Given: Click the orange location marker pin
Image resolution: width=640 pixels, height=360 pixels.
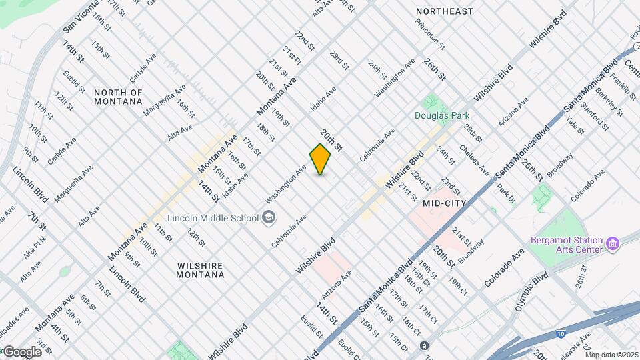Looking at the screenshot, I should click(320, 159).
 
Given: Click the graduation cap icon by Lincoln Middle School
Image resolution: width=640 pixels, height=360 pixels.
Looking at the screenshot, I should click(267, 217).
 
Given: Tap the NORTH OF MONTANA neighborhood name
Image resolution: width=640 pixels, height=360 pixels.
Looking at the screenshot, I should click(118, 97).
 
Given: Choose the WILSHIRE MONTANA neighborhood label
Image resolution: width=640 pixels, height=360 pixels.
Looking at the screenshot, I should click(200, 269).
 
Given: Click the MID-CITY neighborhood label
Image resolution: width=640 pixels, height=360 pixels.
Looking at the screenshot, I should click(443, 202).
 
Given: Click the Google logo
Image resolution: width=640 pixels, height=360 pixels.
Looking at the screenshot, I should click(21, 351).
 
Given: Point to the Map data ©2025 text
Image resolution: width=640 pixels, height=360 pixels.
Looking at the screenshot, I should click(612, 355).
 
